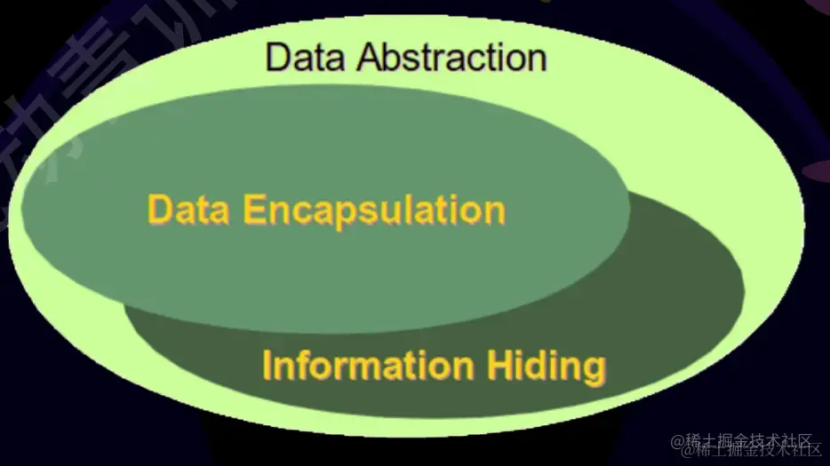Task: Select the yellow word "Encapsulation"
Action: pos(374,211)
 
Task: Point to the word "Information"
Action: pos(368,365)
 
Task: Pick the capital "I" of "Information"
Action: pos(267,365)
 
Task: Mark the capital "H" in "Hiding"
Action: pos(499,365)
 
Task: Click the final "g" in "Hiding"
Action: pos(595,369)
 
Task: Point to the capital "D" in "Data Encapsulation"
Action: pos(160,210)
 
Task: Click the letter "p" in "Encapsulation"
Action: pos(350,216)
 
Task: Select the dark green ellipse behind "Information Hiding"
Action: pos(675,302)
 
